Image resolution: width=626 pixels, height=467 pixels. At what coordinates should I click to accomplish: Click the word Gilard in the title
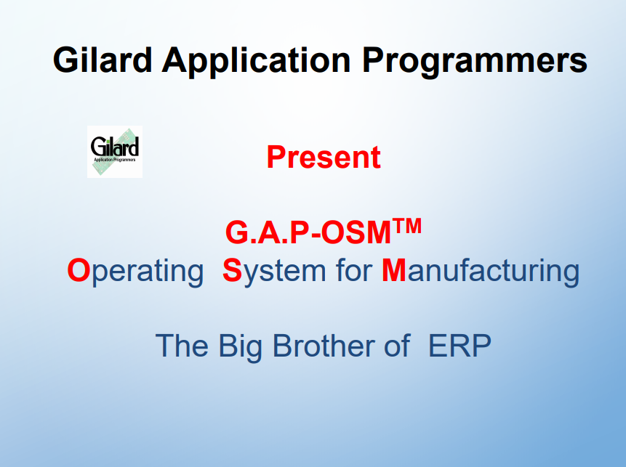coord(103,60)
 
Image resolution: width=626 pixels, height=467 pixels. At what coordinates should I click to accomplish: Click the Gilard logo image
coord(115,152)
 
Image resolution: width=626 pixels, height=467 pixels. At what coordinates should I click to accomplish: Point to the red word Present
coord(324,157)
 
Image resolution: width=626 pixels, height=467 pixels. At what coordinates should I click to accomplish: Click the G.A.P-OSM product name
coord(308,233)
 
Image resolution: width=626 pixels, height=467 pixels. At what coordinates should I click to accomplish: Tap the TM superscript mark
coord(406,226)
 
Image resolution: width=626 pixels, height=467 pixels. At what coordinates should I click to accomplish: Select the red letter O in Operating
coord(79,270)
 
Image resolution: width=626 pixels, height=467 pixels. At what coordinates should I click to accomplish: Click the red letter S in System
coord(232,270)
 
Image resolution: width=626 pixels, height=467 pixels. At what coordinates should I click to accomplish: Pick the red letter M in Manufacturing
coord(393,270)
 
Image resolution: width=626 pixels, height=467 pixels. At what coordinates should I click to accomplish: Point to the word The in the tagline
coord(182,346)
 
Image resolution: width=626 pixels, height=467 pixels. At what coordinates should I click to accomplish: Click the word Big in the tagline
coord(241,348)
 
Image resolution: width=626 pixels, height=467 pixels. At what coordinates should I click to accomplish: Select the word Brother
coord(324,346)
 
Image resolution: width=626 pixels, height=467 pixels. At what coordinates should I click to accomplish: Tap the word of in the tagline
coord(397,346)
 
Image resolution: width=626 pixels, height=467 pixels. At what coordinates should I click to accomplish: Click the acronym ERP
coord(460,346)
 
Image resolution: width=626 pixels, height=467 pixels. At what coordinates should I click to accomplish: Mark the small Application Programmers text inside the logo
coord(115,160)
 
